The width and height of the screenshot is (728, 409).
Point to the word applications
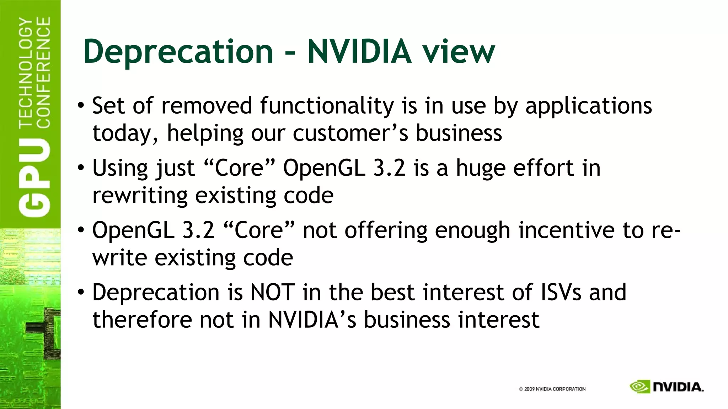coord(589,107)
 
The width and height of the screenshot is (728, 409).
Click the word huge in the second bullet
coord(480,168)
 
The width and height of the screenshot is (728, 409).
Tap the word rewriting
coord(140,196)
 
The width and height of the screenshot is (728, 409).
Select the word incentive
coord(566,230)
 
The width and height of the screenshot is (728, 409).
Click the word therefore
coord(142,320)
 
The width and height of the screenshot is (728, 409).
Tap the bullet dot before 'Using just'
coord(81,168)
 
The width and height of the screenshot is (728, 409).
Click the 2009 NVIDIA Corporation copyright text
coord(552,389)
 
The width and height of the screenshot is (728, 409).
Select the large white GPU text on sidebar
coord(34,178)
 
